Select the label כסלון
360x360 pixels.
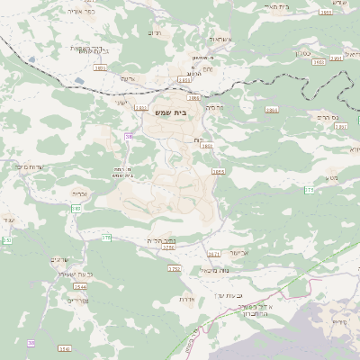coord(304,53)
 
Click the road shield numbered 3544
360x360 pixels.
coord(80,285)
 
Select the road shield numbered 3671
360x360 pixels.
coord(214,254)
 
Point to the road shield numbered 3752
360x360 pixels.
coord(174,268)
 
